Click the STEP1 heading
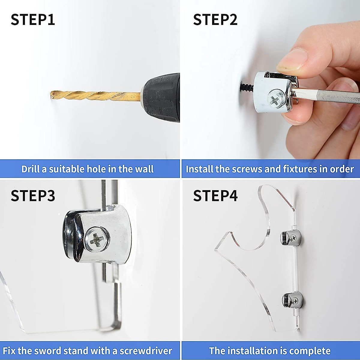(x=33, y=19)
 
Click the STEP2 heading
(x=215, y=19)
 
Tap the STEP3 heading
(x=33, y=196)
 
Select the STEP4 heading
(x=215, y=196)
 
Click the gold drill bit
(x=95, y=96)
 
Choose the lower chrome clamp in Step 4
(x=292, y=301)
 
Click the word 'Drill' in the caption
(x=31, y=169)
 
